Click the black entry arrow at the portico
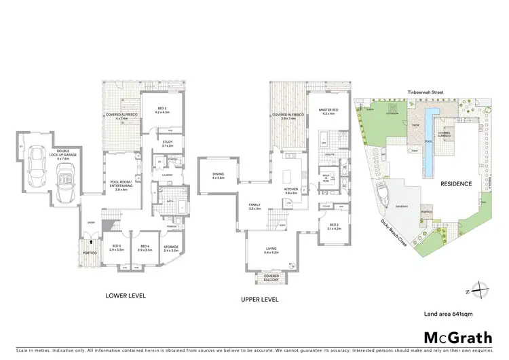click(x=86, y=239)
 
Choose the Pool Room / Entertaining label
click(x=121, y=185)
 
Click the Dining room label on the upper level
click(x=219, y=175)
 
